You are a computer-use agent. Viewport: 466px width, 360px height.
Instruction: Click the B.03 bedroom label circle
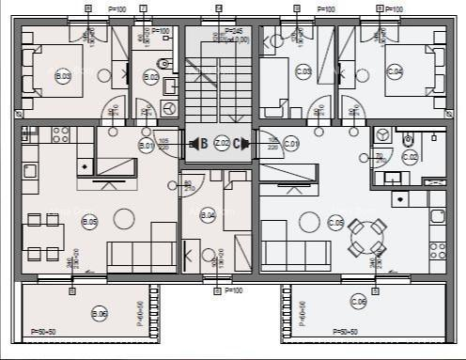pyautogui.click(x=64, y=76)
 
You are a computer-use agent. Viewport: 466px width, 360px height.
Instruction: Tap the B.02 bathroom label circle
pyautogui.click(x=150, y=77)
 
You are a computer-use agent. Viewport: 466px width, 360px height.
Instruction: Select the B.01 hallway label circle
pyautogui.click(x=147, y=145)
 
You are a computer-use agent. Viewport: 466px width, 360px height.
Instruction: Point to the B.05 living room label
pyautogui.click(x=90, y=222)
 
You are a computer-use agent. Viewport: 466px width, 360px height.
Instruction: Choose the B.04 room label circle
pyautogui.click(x=209, y=215)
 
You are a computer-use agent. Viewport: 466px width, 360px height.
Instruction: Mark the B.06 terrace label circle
pyautogui.click(x=100, y=313)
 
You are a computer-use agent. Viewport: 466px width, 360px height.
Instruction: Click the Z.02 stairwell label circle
pyautogui.click(x=222, y=143)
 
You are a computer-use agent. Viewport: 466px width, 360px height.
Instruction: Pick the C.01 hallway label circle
pyautogui.click(x=291, y=145)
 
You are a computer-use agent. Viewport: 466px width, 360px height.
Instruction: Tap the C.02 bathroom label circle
pyautogui.click(x=410, y=157)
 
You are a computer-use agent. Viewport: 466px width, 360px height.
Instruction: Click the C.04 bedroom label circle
pyautogui.click(x=395, y=71)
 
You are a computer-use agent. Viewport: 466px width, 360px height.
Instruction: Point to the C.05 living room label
pyautogui.click(x=335, y=223)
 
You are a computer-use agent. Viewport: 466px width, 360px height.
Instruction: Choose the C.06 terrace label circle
pyautogui.click(x=358, y=302)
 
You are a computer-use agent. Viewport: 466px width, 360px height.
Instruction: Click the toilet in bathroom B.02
pyautogui.click(x=163, y=67)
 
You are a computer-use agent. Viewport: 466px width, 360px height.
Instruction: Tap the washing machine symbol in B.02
pyautogui.click(x=169, y=108)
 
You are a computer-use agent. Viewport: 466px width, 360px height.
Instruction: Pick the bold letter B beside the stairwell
pyautogui.click(x=203, y=144)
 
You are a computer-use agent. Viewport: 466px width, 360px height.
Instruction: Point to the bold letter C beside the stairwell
pyautogui.click(x=239, y=144)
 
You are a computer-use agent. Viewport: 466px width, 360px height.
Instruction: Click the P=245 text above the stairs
pyautogui.click(x=234, y=31)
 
